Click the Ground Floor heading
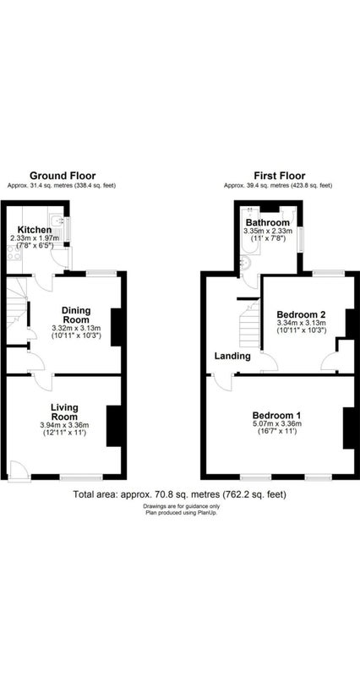63,176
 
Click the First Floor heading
280,176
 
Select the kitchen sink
57,221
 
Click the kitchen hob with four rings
14,252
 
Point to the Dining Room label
76,315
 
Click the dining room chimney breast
116,327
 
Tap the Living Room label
64,412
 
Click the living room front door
19,470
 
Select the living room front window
81,477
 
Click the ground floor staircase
16,305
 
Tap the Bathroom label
268,223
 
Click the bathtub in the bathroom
248,231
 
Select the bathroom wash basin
244,263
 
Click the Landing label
232,356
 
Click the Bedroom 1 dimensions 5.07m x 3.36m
276,423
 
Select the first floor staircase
249,324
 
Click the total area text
180,494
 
